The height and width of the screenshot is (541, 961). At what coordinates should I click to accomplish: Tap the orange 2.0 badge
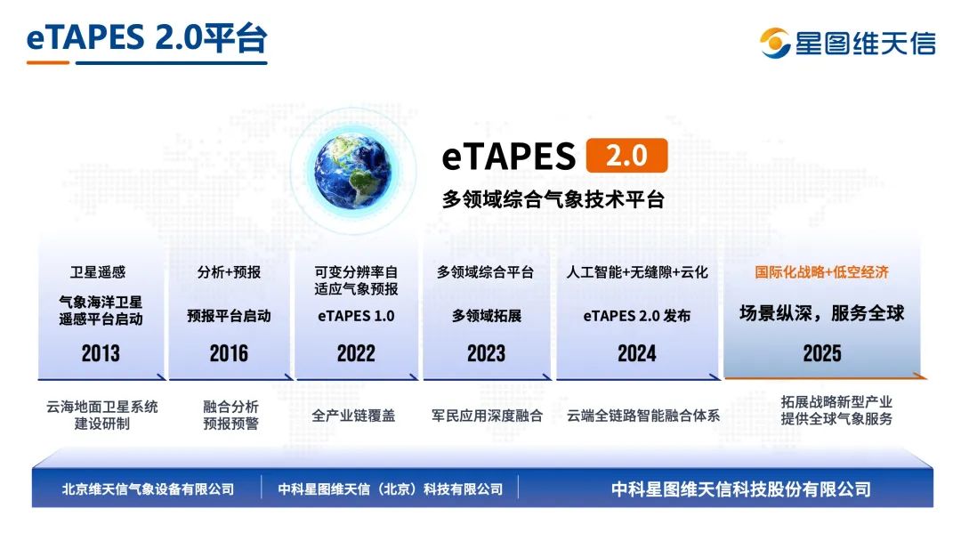[x=626, y=156]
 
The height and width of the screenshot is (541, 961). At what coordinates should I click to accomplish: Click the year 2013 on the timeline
[x=101, y=353]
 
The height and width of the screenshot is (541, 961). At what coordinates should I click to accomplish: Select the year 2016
[x=229, y=353]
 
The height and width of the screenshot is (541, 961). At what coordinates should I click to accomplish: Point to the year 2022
[x=356, y=353]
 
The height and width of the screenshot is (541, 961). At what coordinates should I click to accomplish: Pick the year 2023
[x=486, y=353]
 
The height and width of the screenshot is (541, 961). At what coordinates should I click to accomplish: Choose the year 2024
[x=637, y=353]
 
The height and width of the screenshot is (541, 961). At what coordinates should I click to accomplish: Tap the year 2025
[x=821, y=353]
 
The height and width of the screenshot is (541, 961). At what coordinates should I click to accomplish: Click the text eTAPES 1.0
[x=356, y=315]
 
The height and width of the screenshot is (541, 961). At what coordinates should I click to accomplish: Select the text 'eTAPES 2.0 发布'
[x=637, y=316]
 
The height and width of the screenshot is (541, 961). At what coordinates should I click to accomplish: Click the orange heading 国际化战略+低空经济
[x=821, y=272]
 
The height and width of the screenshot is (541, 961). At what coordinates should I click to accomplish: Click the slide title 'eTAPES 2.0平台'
[x=147, y=38]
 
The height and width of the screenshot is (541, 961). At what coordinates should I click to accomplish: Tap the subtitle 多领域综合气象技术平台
[x=553, y=199]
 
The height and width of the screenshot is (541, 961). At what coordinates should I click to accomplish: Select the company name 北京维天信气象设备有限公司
[x=149, y=489]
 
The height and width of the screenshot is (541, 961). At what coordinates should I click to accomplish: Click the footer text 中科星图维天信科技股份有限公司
[x=740, y=489]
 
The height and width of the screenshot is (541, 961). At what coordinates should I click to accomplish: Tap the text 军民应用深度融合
[x=487, y=415]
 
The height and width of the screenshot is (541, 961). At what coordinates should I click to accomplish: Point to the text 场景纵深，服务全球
[x=821, y=313]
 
